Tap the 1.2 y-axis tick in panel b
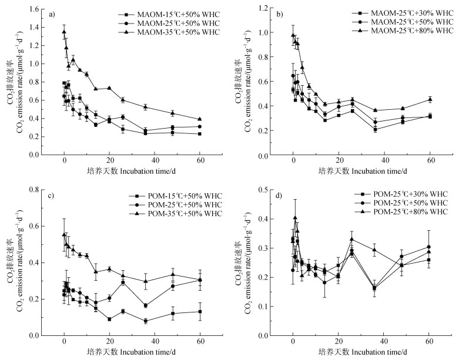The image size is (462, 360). tap(270, 9)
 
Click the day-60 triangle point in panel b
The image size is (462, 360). tap(430, 99)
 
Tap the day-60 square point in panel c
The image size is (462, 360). tap(200, 311)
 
